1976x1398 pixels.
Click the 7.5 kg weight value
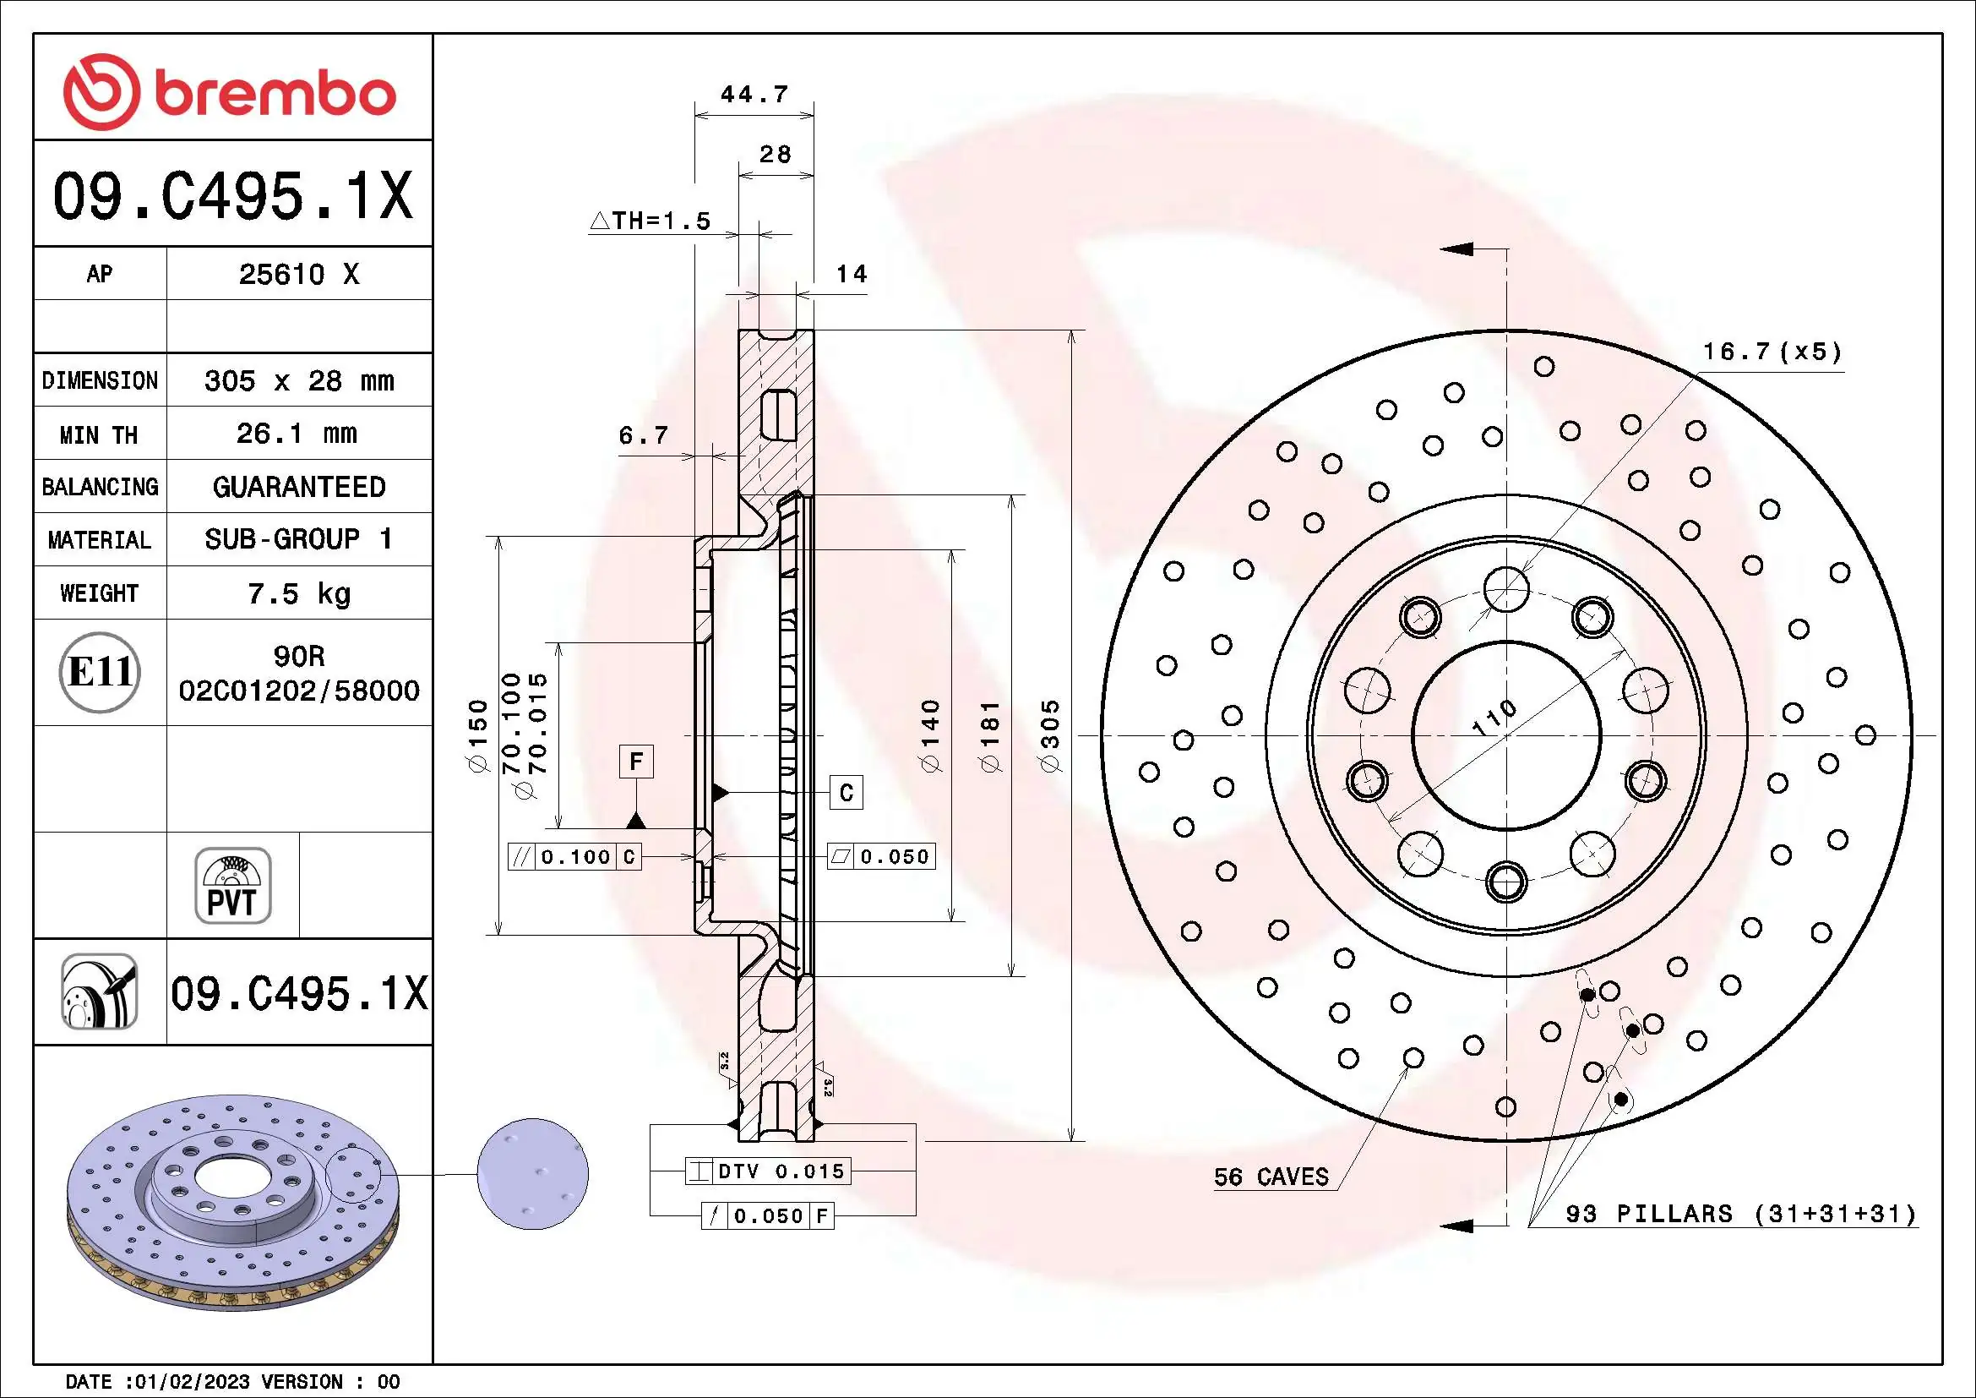(x=298, y=593)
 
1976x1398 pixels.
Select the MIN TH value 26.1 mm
(x=297, y=433)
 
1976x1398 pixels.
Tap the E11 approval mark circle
(x=100, y=671)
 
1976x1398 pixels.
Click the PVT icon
(x=232, y=885)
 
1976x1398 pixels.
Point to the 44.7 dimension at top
(x=754, y=94)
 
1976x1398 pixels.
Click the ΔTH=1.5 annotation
(x=651, y=221)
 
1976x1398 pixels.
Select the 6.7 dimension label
(x=644, y=435)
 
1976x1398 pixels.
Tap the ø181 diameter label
(x=992, y=736)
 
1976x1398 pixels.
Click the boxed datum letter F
(x=636, y=761)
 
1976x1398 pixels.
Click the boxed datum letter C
(x=846, y=792)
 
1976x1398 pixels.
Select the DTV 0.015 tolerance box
(x=769, y=1171)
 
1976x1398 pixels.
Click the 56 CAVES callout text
(x=1271, y=1177)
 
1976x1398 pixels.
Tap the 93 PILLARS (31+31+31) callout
(x=1741, y=1214)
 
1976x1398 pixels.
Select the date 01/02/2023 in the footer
(x=187, y=1382)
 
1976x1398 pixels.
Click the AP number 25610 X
(x=298, y=274)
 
